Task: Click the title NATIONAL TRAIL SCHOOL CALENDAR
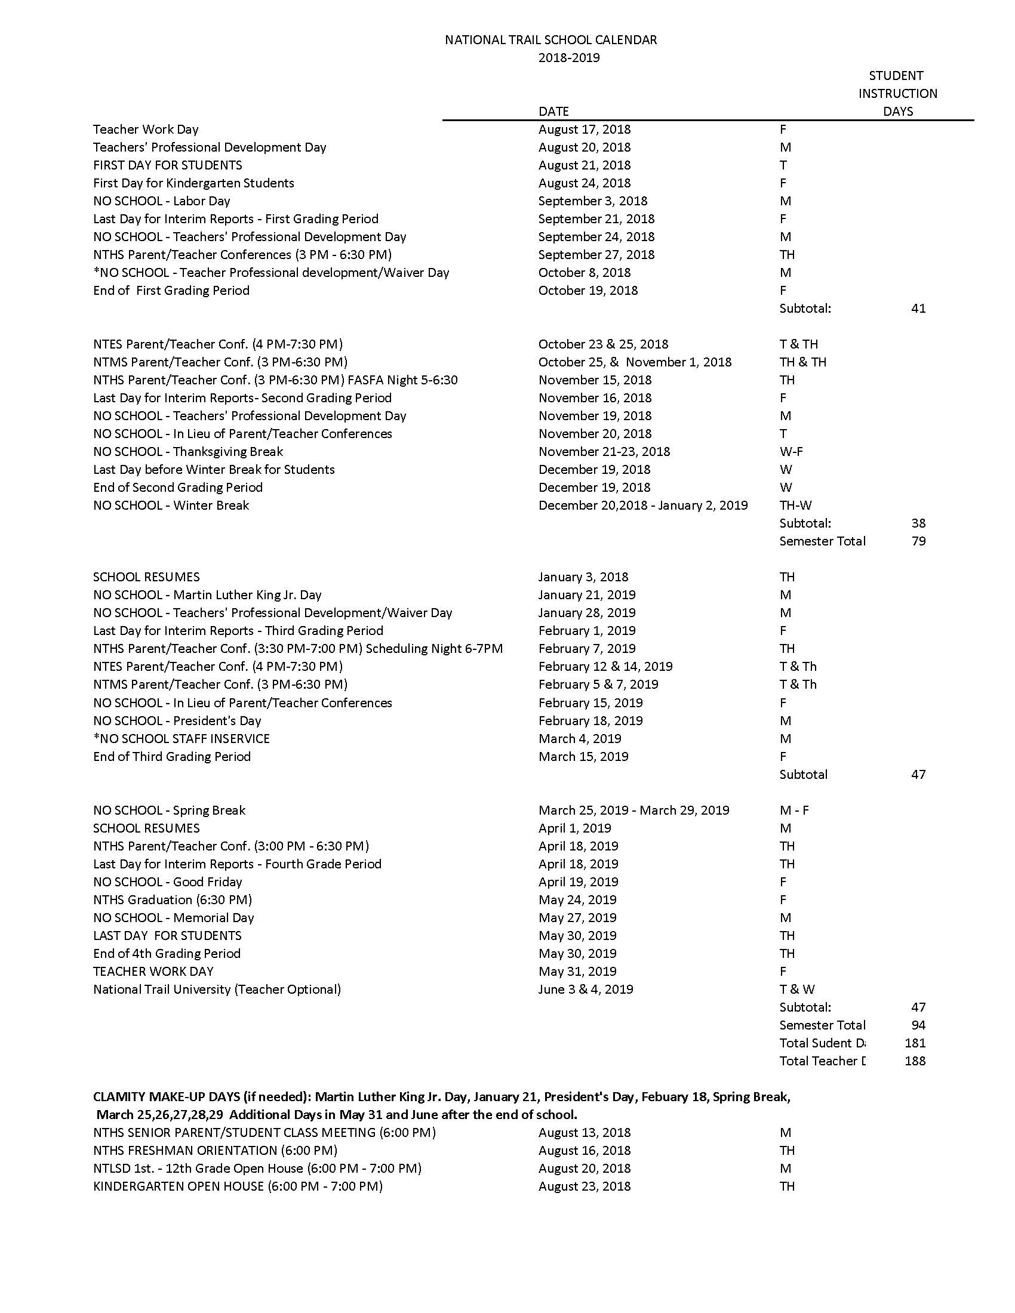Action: click(x=550, y=39)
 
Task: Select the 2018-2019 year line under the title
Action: click(x=568, y=58)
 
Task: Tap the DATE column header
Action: click(x=553, y=111)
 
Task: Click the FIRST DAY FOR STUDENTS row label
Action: click(x=167, y=165)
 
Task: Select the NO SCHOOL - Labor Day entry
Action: click(x=161, y=201)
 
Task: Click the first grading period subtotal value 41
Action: click(x=918, y=309)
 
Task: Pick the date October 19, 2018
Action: click(x=588, y=291)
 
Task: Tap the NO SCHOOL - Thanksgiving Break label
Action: click(x=187, y=452)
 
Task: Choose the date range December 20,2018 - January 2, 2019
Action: click(x=643, y=505)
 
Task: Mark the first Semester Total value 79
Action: click(x=918, y=541)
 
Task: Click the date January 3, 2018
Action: click(x=583, y=577)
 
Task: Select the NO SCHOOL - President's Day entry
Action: click(x=177, y=720)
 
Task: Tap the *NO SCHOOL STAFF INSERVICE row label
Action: click(x=181, y=738)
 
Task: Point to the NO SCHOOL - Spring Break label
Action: click(x=169, y=810)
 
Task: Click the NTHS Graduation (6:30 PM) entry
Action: click(x=172, y=899)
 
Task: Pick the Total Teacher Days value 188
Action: click(x=915, y=1061)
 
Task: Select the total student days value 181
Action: click(x=915, y=1043)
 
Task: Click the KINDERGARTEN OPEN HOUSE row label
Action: click(x=238, y=1186)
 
